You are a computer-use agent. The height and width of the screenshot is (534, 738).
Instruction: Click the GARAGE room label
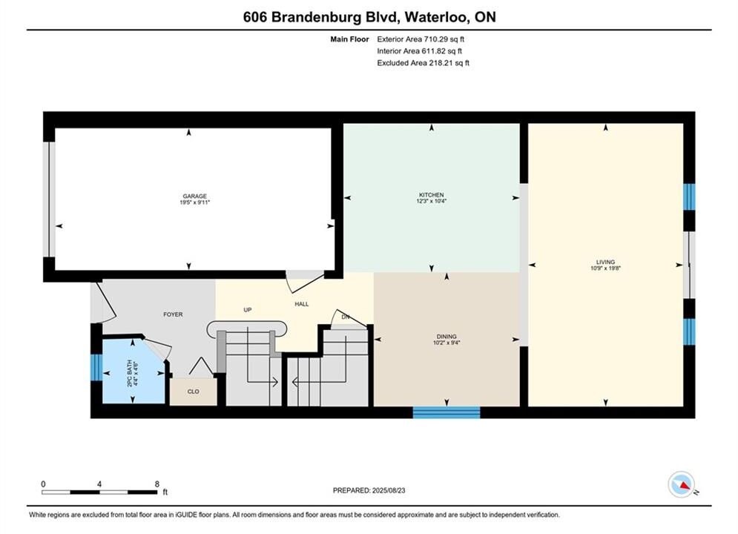click(195, 197)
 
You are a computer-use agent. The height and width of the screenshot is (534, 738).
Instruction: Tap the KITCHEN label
click(432, 195)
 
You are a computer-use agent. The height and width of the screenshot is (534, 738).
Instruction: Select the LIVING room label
click(606, 262)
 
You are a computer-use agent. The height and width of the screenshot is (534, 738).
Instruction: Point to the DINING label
click(447, 337)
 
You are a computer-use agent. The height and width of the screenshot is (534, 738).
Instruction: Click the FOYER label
click(173, 314)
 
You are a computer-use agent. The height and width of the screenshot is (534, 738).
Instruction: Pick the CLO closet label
click(194, 392)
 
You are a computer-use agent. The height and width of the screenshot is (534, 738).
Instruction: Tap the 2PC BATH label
click(130, 373)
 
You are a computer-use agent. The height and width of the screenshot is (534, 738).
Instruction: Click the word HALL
click(302, 304)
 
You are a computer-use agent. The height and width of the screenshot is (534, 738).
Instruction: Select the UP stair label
click(248, 309)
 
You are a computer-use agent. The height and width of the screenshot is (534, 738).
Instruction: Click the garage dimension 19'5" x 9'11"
click(195, 202)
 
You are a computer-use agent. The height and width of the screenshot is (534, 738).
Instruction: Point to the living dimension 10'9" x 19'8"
click(606, 268)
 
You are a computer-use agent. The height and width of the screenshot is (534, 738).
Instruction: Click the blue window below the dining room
click(447, 412)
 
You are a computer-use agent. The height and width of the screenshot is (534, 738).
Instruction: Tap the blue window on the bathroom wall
click(96, 367)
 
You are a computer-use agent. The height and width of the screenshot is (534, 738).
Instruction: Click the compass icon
click(682, 484)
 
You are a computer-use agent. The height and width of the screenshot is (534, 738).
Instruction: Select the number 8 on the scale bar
click(157, 484)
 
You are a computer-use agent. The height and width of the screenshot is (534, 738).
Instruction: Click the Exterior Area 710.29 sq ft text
click(421, 39)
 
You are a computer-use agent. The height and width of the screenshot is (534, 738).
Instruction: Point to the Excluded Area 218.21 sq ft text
click(423, 62)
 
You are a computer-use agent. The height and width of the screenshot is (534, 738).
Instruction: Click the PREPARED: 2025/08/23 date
click(369, 490)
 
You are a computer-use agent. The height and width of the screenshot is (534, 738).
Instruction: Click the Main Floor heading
click(349, 39)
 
